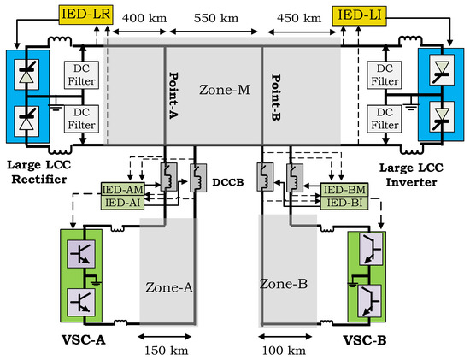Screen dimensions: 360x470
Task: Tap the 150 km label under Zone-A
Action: (167, 349)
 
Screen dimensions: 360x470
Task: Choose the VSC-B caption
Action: (379, 342)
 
